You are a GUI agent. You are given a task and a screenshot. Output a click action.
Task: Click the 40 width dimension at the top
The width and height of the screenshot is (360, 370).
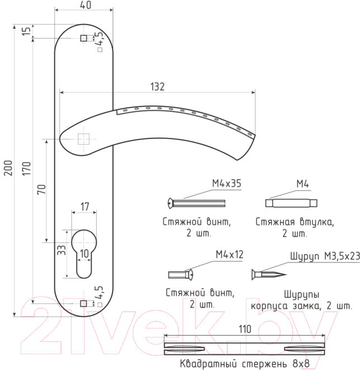(85, 5)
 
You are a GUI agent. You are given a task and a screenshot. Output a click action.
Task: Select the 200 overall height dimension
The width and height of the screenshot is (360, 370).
(8, 168)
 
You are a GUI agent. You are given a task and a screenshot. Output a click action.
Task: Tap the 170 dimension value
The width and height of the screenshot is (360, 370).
(26, 169)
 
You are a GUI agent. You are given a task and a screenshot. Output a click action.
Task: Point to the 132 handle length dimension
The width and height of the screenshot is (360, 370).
(157, 86)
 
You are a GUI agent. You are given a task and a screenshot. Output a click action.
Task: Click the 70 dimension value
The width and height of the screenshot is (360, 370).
(41, 189)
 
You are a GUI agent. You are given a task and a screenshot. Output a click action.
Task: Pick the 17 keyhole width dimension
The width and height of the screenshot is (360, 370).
(85, 207)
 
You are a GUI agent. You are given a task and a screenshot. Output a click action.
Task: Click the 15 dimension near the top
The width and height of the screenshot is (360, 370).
(26, 31)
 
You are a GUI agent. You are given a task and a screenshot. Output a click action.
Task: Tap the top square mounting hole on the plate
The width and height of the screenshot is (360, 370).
(83, 38)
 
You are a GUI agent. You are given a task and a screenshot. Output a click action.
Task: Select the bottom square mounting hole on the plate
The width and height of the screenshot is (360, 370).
(83, 303)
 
